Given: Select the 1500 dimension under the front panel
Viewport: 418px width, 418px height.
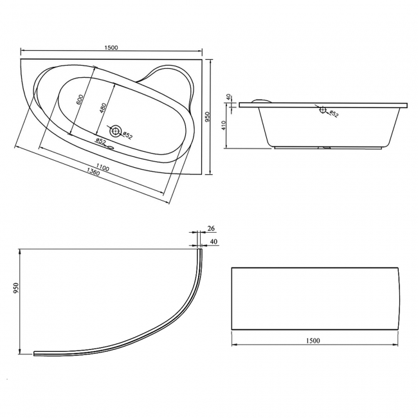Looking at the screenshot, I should (x=313, y=340).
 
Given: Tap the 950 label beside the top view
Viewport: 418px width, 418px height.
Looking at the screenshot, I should (x=207, y=116).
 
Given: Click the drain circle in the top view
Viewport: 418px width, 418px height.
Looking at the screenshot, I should (x=116, y=131).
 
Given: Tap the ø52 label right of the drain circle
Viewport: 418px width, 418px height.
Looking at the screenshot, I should (x=128, y=136).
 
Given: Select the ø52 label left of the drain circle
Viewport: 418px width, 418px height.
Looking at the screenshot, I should (x=100, y=141).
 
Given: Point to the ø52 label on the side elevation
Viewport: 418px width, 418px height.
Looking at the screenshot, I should (x=334, y=114).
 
